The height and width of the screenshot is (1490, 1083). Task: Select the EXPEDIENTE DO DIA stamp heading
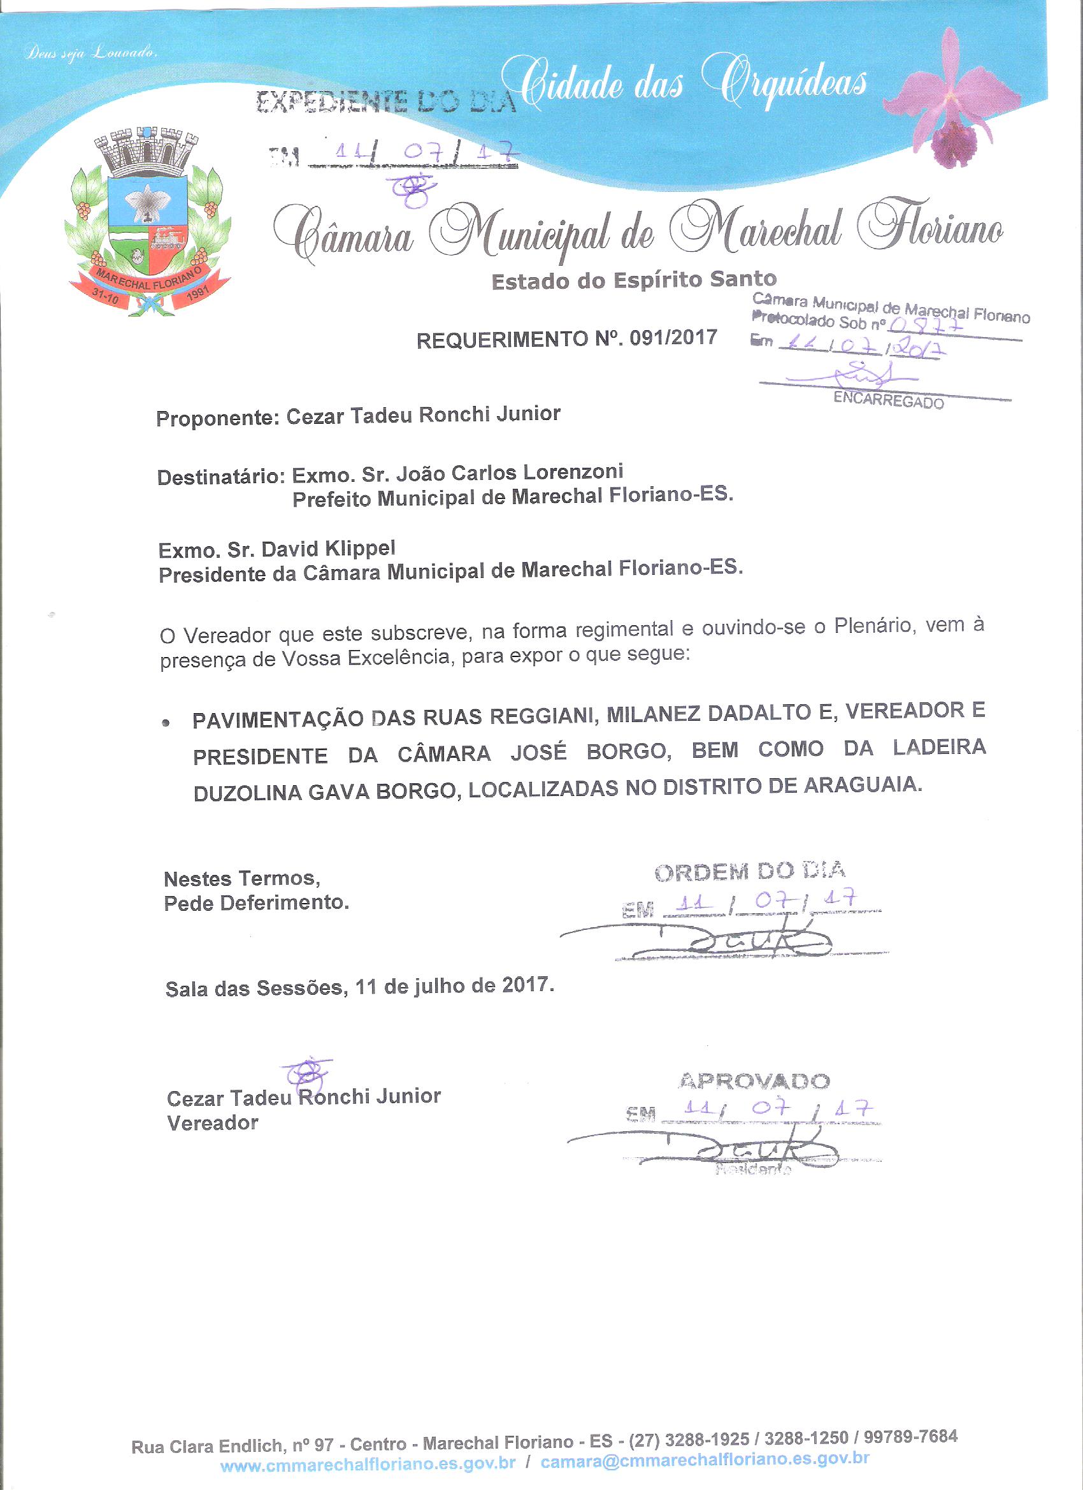tap(385, 103)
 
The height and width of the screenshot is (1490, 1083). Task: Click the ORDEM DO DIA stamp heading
tap(750, 871)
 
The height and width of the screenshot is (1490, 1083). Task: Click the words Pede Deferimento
tap(256, 903)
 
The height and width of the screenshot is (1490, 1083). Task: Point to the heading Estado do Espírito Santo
tap(634, 280)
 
